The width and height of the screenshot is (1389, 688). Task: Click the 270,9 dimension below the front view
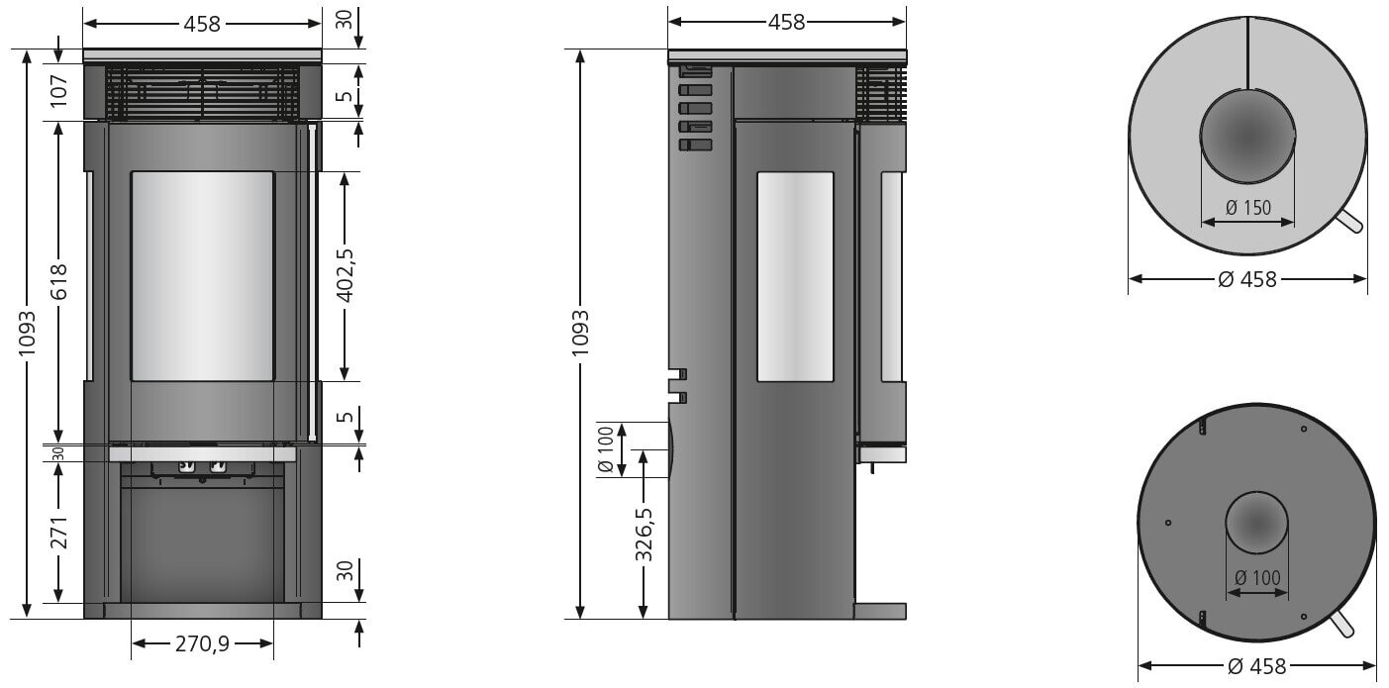(x=203, y=643)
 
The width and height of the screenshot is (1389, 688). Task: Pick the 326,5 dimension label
(x=644, y=536)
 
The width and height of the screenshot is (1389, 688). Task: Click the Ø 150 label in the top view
(x=1246, y=208)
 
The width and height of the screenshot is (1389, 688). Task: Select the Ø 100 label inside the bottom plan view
(x=1256, y=577)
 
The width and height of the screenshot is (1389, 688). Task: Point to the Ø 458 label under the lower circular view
(x=1256, y=665)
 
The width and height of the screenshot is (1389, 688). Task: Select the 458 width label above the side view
(x=786, y=21)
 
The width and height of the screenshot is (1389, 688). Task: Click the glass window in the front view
(x=202, y=276)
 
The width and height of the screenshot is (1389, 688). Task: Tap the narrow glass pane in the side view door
(x=795, y=276)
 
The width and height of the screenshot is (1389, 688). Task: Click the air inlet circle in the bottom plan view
(x=1257, y=524)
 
